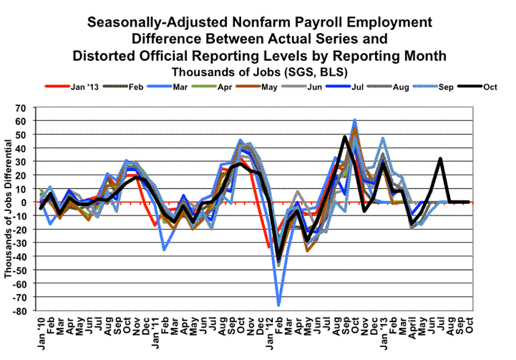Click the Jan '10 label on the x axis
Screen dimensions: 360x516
(42, 332)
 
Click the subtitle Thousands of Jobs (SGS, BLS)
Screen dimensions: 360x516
(256, 72)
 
